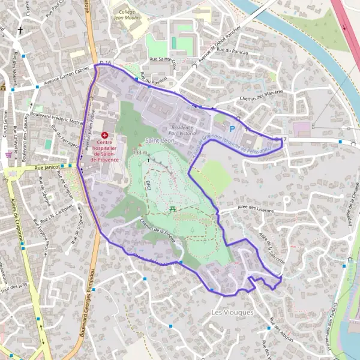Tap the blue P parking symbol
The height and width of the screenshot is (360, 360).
(232, 129)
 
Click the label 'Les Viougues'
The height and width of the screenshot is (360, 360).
(233, 313)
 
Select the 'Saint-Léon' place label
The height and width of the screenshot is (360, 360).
(158, 140)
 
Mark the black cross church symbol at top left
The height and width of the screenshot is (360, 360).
(20, 30)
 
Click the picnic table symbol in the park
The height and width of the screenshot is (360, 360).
(173, 208)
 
